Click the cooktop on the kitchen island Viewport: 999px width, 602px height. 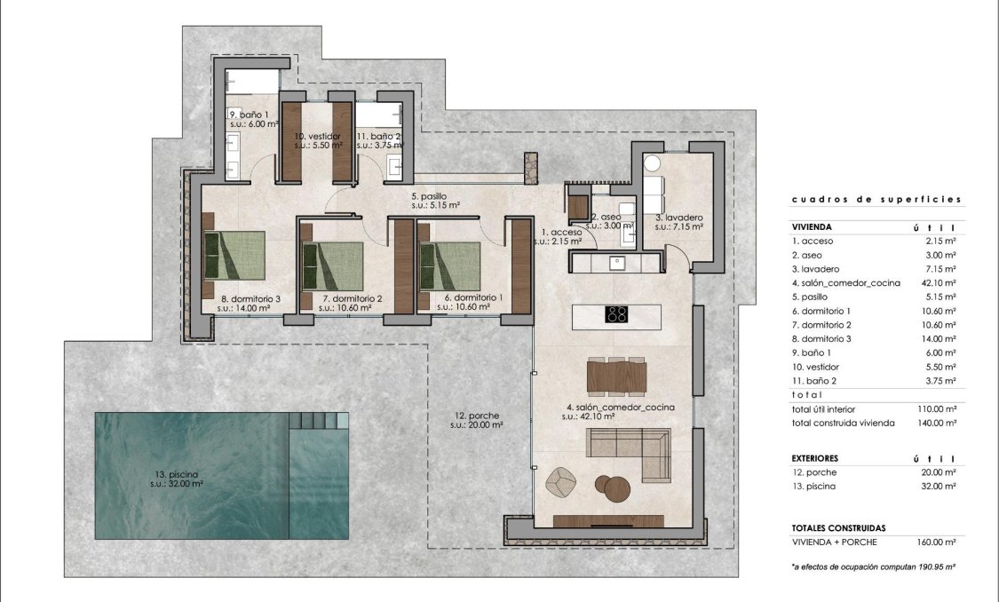pyautogui.click(x=616, y=314)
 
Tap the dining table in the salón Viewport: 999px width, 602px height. pyautogui.click(x=616, y=375)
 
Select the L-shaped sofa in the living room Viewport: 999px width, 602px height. pyautogui.click(x=630, y=440)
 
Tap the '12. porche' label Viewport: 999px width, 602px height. pyautogui.click(x=476, y=419)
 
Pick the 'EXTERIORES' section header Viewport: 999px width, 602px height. pyautogui.click(x=816, y=458)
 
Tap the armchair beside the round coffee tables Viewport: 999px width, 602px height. pyautogui.click(x=562, y=481)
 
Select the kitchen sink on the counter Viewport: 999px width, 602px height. pyautogui.click(x=614, y=263)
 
